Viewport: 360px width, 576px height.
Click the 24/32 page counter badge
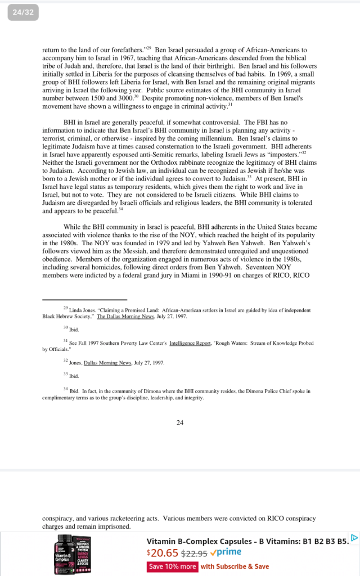(23, 13)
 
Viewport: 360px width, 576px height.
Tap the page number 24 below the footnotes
(179, 422)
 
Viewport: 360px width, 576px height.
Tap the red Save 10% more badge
(172, 566)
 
